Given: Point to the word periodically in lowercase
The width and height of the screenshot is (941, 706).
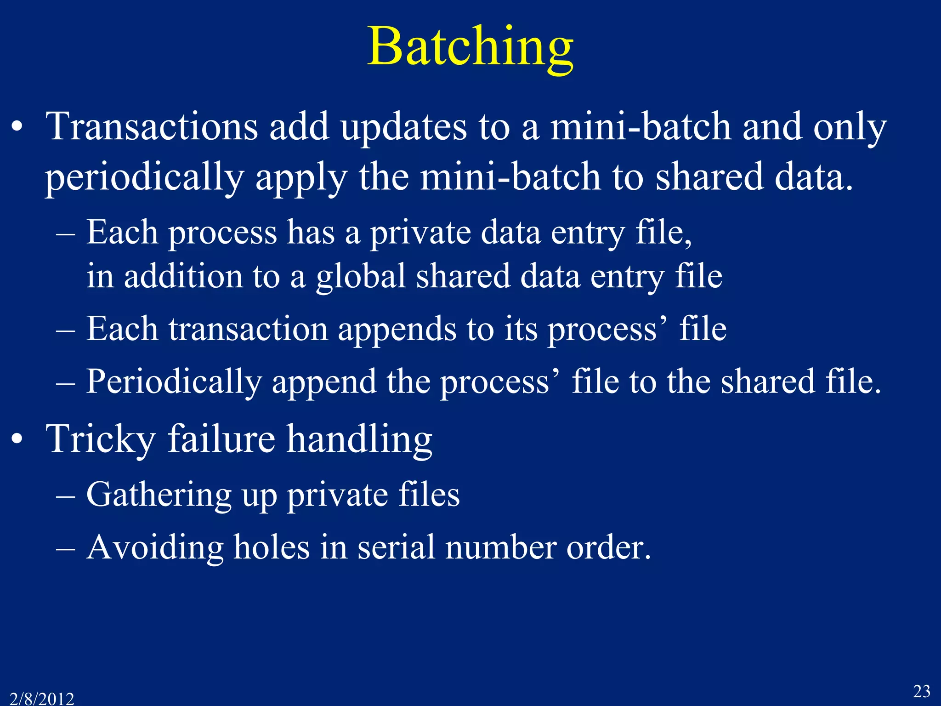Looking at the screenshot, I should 144,178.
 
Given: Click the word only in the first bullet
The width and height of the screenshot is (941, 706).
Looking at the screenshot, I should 850,128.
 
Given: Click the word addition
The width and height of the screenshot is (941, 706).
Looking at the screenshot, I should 183,276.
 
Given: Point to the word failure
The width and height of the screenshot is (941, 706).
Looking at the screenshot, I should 221,438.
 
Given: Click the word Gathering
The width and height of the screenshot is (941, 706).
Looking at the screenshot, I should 159,495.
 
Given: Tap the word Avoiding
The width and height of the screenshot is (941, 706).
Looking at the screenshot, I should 155,548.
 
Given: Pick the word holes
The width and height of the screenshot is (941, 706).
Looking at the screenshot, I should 271,547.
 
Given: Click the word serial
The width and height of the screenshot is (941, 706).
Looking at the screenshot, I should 396,547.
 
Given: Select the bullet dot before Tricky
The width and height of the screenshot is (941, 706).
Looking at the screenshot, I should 17,439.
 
